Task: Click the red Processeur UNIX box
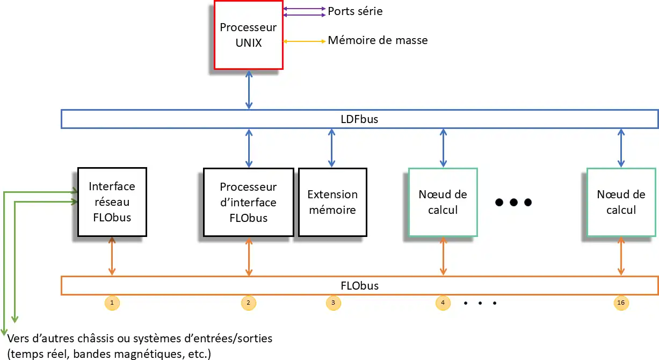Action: click(x=249, y=35)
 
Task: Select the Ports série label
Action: click(x=355, y=11)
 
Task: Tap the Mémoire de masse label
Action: click(x=378, y=40)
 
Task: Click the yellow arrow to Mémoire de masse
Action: click(x=304, y=41)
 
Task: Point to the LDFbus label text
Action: click(x=359, y=119)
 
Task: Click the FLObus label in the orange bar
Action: click(x=359, y=286)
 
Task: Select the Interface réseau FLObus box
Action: click(x=112, y=202)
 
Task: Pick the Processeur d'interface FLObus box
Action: click(x=248, y=202)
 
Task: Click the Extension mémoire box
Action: click(x=332, y=202)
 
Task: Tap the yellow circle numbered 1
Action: click(x=112, y=303)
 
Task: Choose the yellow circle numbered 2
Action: click(x=248, y=303)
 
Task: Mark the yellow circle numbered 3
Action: click(x=333, y=303)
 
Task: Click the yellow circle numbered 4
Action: click(x=443, y=303)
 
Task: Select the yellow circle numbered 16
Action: click(x=621, y=303)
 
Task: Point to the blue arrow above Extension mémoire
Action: click(x=332, y=148)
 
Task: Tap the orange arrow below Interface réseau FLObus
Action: click(x=112, y=256)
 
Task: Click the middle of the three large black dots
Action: click(x=513, y=203)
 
